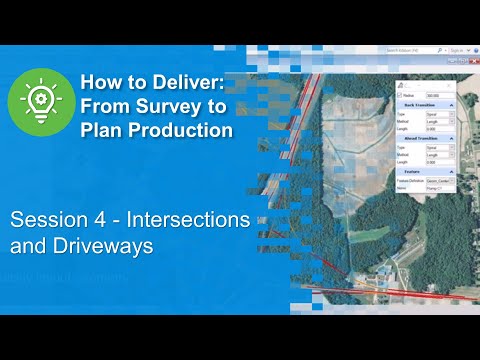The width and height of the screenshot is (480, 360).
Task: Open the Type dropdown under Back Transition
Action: [x=441, y=113]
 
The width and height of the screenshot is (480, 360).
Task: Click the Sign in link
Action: [x=458, y=48]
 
